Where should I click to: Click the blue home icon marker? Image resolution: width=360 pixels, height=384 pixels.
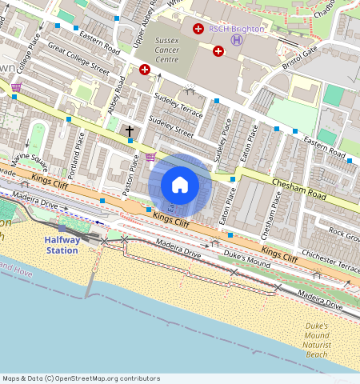[180, 186]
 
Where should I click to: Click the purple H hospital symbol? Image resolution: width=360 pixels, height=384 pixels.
[236, 40]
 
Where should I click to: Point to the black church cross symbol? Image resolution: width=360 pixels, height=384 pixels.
[130, 130]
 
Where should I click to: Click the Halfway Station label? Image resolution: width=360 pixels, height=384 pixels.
[62, 245]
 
